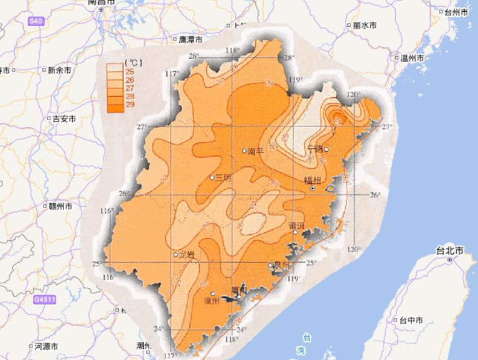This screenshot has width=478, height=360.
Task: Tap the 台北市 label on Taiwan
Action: (x=449, y=250)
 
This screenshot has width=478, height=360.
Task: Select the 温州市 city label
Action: (x=412, y=58)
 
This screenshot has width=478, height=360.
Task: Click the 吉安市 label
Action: (x=64, y=118)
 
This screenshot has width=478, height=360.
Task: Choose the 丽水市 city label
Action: (x=363, y=26)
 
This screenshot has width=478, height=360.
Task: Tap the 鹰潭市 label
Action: (x=190, y=39)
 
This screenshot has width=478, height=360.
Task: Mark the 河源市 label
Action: (x=45, y=346)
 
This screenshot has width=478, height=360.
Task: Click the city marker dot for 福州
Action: (x=312, y=188)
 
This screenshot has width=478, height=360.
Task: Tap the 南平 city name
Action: (x=256, y=151)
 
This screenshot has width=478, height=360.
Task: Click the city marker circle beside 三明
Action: (x=212, y=178)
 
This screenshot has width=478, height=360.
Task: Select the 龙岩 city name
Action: (x=187, y=254)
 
